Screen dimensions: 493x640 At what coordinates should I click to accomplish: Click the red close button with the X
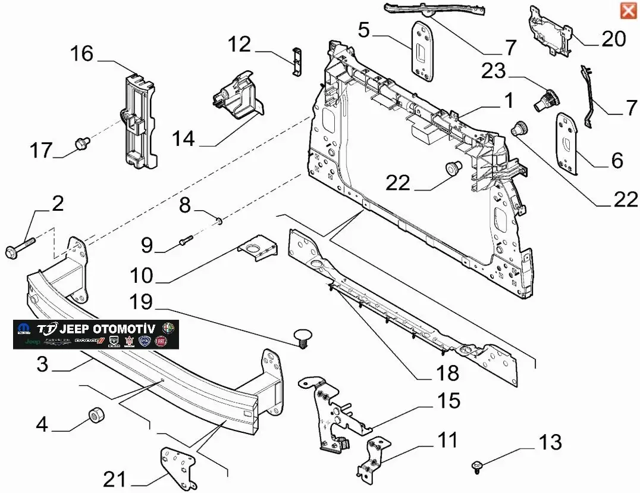click(628, 11)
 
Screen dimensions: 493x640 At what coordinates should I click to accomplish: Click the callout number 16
click(82, 54)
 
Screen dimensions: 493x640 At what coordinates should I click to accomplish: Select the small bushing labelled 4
click(95, 415)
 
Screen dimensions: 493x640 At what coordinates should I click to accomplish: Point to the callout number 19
click(141, 302)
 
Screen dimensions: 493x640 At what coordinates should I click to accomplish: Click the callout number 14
click(184, 139)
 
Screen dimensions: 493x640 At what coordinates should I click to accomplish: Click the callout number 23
click(493, 71)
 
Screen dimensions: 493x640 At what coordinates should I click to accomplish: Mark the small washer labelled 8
click(219, 222)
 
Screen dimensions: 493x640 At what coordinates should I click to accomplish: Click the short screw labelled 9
click(185, 241)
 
